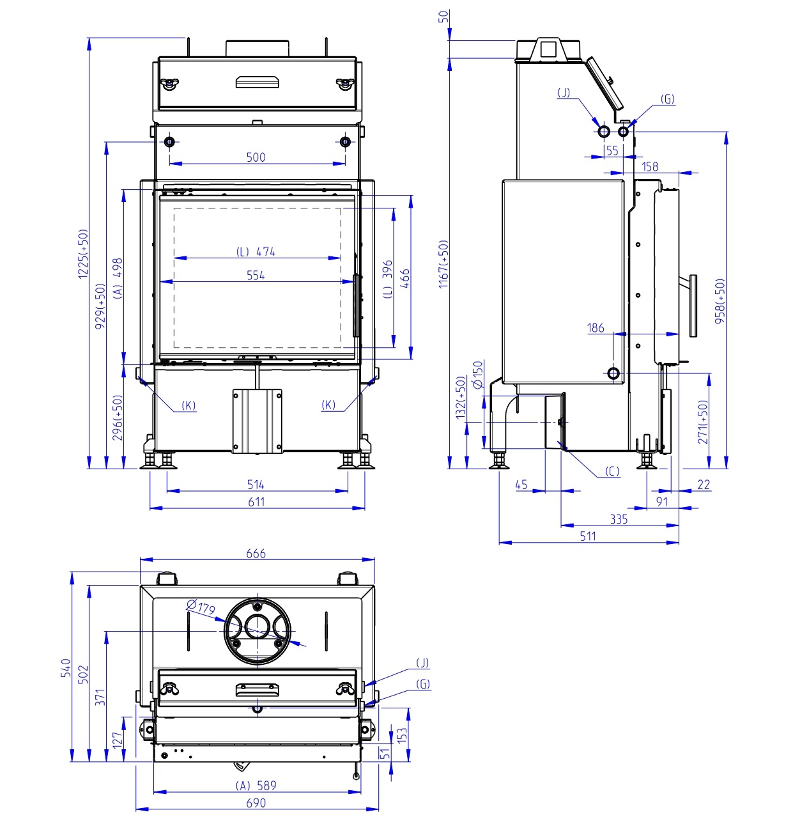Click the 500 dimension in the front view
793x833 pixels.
(x=256, y=157)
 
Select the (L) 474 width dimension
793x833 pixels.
(x=256, y=252)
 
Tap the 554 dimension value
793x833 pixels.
(x=256, y=276)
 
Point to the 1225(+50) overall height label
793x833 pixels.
(x=83, y=254)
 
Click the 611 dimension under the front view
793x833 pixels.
(x=256, y=502)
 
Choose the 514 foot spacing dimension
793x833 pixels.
(x=256, y=485)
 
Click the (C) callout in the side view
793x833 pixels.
(x=612, y=472)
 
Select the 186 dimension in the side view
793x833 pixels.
(x=596, y=328)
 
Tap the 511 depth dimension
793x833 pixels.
(x=588, y=536)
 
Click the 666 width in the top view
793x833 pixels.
(x=256, y=554)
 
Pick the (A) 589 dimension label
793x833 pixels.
(x=256, y=786)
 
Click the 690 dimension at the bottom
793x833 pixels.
(x=256, y=803)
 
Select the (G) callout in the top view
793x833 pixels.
(x=423, y=684)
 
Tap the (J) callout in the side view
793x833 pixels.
(x=564, y=93)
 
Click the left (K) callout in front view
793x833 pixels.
(x=189, y=405)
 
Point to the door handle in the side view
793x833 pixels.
(x=693, y=305)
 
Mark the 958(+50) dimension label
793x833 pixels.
(x=720, y=300)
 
